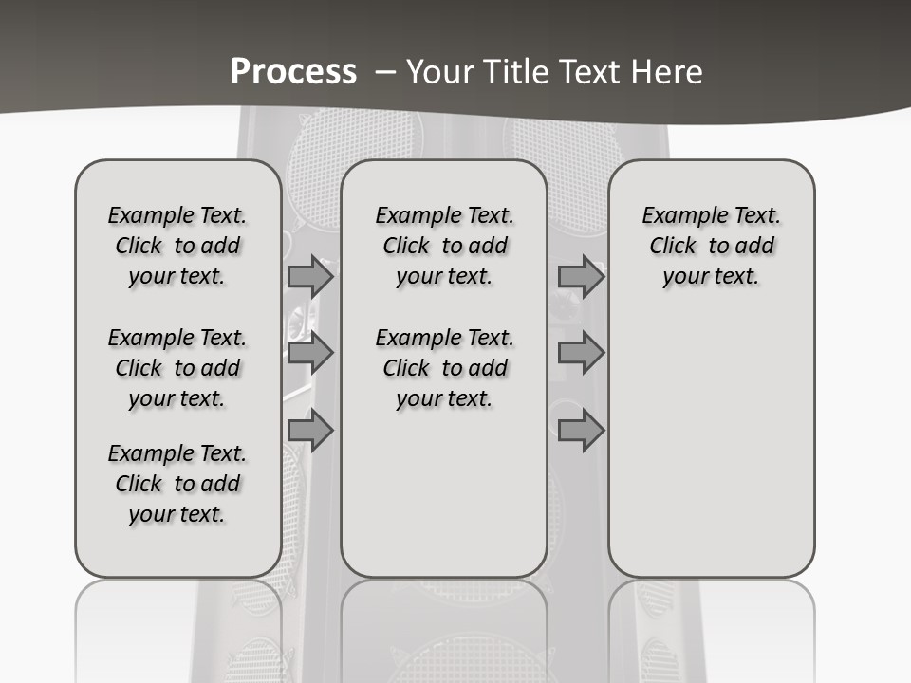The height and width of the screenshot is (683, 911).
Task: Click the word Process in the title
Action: [x=293, y=71]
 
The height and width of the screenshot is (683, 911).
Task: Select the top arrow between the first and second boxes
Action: [x=310, y=276]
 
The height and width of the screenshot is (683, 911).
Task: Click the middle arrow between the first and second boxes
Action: [x=310, y=354]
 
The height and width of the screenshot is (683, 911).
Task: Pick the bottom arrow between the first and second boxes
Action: [x=310, y=431]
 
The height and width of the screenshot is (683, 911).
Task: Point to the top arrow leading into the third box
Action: [x=581, y=276]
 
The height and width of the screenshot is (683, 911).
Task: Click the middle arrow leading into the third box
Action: [x=581, y=354]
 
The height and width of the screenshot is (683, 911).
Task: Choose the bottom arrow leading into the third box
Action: [x=581, y=431]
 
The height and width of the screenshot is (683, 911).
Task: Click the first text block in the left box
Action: [x=177, y=246]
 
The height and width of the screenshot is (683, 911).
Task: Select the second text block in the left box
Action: [x=177, y=368]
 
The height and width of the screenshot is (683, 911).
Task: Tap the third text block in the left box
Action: [x=177, y=484]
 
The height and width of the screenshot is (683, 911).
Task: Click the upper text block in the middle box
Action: [x=444, y=246]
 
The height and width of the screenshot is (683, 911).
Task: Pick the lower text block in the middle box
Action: [x=444, y=368]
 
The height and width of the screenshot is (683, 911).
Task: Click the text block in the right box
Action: [x=711, y=246]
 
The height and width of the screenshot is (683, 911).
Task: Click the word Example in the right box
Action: [x=679, y=216]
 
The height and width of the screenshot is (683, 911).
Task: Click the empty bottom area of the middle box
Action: [x=444, y=503]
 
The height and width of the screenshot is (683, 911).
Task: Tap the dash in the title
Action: [x=385, y=72]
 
